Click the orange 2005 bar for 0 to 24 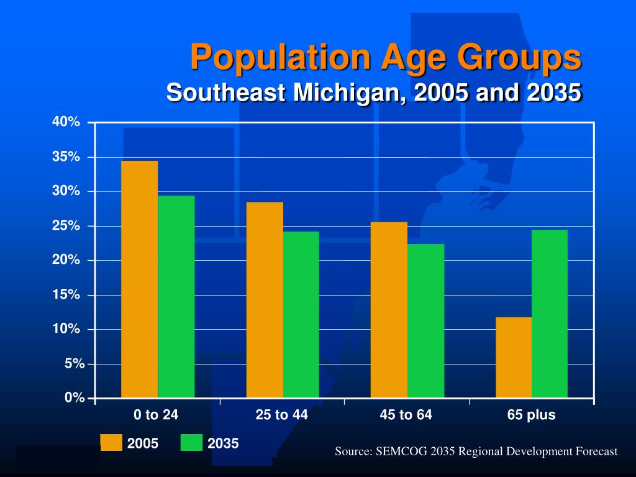tap(139, 279)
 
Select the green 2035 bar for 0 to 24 tap(176, 296)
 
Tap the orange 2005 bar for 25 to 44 tap(265, 299)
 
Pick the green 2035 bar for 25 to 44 tap(301, 314)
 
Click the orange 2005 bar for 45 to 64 tap(389, 309)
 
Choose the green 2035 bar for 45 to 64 tap(426, 320)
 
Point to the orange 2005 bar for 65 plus tap(514, 357)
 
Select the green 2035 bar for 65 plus tap(550, 314)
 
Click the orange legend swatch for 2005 tap(111, 443)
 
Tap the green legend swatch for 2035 tap(191, 443)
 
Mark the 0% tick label tap(74, 398)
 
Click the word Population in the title tap(281, 57)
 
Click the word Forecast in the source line tap(595, 452)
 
